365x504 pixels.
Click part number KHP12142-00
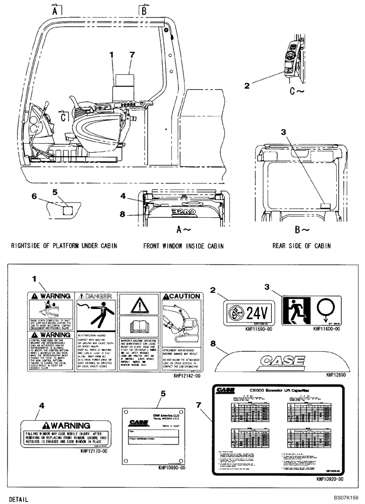click(186, 375)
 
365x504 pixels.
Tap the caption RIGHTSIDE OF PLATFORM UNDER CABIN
click(63, 246)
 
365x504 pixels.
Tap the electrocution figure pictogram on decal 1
click(96, 316)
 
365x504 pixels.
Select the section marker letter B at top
click(144, 10)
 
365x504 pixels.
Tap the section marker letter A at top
click(55, 10)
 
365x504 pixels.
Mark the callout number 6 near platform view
click(48, 196)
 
